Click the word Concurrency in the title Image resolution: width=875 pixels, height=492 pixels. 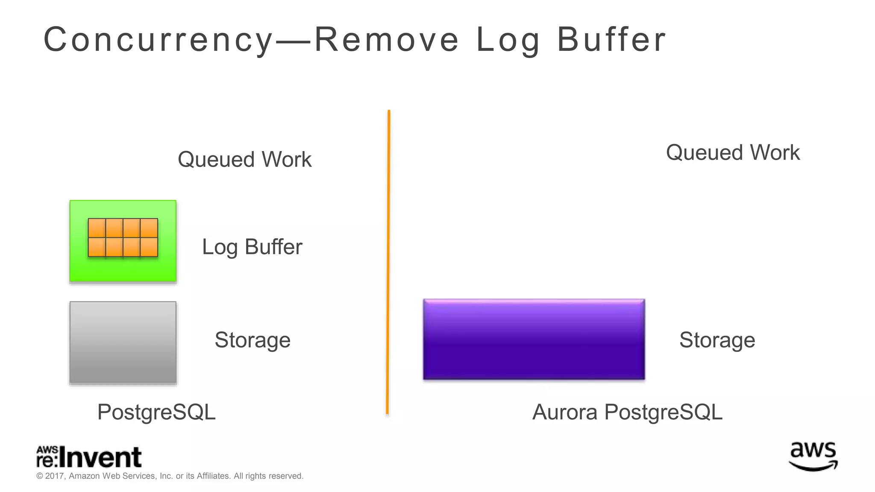tap(158, 40)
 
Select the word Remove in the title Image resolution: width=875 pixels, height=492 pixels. tap(387, 40)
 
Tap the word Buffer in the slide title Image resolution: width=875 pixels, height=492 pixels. tap(611, 40)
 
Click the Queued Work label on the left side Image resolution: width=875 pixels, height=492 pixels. tap(244, 159)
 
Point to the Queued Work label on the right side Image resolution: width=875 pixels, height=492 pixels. tap(733, 152)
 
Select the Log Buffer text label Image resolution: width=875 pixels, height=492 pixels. tap(252, 247)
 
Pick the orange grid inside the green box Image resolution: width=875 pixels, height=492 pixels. tap(123, 237)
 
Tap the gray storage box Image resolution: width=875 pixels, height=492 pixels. tap(123, 343)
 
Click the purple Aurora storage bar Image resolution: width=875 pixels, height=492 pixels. tap(534, 340)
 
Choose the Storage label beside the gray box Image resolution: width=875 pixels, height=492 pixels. tap(253, 340)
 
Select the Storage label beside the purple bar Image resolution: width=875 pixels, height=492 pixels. tap(717, 340)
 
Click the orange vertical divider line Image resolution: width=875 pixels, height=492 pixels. tap(388, 262)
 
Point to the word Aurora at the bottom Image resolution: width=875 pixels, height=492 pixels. tap(564, 412)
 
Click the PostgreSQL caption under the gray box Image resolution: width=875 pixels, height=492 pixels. tap(156, 412)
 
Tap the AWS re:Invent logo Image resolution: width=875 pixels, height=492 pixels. tap(89, 457)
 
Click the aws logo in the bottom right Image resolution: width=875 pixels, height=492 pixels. tap(813, 456)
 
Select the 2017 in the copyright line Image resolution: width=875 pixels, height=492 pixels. tap(55, 476)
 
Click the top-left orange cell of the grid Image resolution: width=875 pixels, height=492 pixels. tap(97, 228)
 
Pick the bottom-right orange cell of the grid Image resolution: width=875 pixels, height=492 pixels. tap(149, 247)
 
